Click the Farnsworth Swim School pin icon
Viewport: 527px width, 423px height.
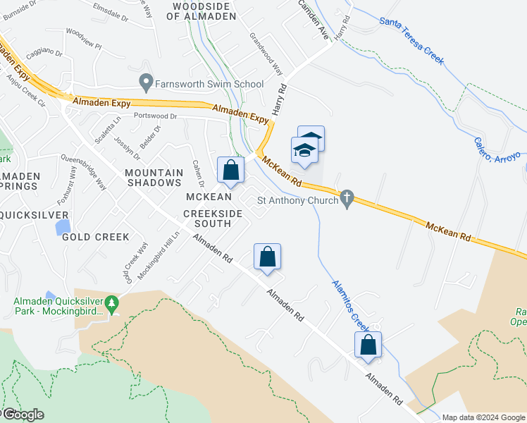(147, 84)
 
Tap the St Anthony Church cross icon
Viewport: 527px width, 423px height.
(346, 200)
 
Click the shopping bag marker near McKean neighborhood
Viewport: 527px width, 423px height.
(230, 170)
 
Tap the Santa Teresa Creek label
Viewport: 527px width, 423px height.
(411, 41)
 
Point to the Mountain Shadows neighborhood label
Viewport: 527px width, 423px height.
(154, 176)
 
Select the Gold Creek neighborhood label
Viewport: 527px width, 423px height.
(96, 237)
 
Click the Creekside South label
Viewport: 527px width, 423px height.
(207, 218)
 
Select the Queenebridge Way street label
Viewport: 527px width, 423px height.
(83, 172)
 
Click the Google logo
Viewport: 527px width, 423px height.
(23, 415)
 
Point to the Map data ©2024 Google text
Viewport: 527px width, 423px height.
(483, 417)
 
